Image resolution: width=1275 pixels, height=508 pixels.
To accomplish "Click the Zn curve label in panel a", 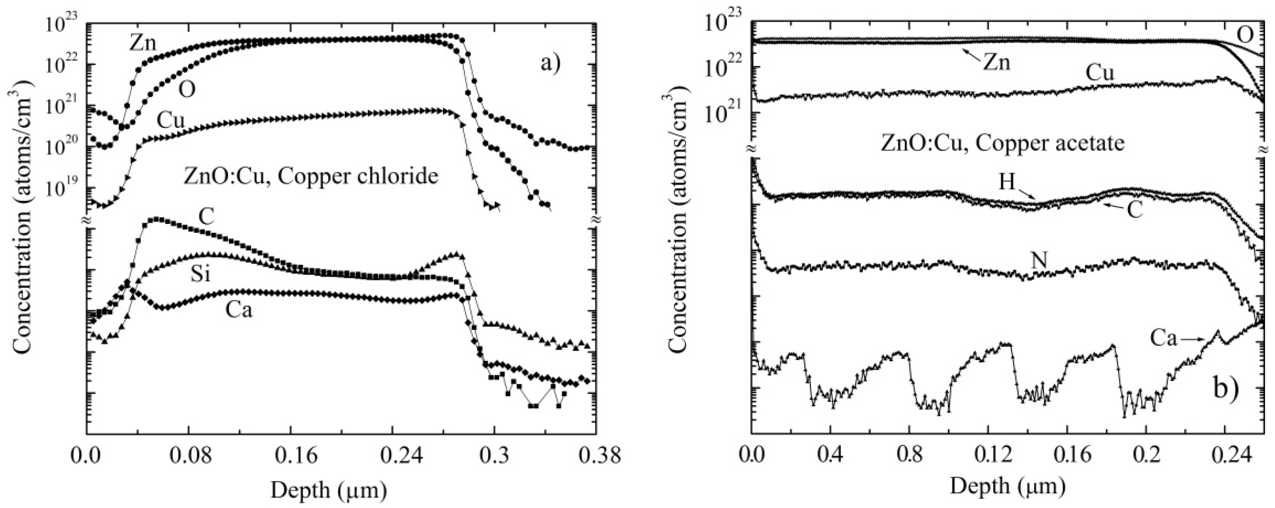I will pyautogui.click(x=143, y=44).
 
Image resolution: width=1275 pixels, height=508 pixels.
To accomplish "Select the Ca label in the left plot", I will pyautogui.click(x=239, y=310).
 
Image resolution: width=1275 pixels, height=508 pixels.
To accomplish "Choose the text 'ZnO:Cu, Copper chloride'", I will pyautogui.click(x=311, y=177).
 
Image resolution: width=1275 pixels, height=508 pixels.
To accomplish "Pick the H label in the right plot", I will pyautogui.click(x=1007, y=182).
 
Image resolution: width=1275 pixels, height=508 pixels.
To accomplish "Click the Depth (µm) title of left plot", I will pyautogui.click(x=329, y=490).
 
